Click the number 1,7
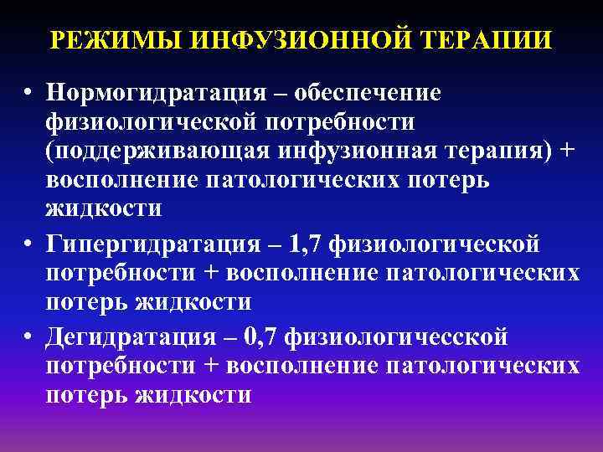[x=307, y=245]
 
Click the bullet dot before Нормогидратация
[x=28, y=95]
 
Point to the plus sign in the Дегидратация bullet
[x=209, y=367]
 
